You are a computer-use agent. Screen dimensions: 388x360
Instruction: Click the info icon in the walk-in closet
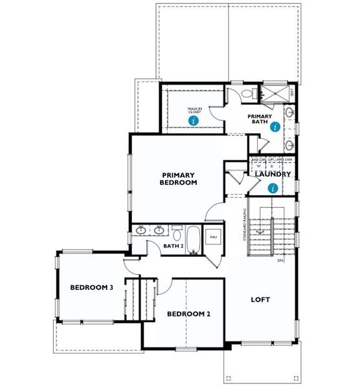point(194,120)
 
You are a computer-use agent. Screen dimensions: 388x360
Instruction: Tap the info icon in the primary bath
point(276,127)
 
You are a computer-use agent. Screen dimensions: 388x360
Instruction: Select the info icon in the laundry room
point(273,188)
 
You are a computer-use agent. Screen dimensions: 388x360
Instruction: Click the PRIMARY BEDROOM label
point(179,178)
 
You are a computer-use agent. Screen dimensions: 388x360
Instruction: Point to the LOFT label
point(260,300)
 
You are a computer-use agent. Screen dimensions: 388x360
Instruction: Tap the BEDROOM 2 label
point(188,314)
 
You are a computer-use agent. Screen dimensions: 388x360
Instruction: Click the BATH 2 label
point(173,246)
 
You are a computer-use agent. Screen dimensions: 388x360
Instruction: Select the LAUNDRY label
point(272,174)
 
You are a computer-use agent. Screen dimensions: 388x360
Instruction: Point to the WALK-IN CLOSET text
point(194,110)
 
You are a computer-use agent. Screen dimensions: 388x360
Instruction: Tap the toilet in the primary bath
point(247,95)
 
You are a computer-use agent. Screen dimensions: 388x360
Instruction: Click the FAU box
point(213,238)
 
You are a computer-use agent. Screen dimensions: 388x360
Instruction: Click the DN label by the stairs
point(281,261)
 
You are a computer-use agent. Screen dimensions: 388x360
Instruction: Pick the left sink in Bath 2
point(142,230)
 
